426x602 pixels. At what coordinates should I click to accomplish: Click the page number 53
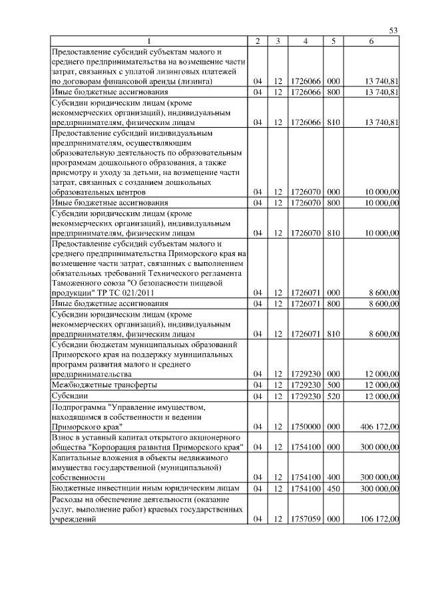[393, 31]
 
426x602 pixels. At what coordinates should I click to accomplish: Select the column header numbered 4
[305, 41]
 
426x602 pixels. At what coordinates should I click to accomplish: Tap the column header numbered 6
[371, 41]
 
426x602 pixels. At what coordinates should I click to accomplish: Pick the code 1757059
[306, 520]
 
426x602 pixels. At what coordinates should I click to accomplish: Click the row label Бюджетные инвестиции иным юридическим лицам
[141, 488]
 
